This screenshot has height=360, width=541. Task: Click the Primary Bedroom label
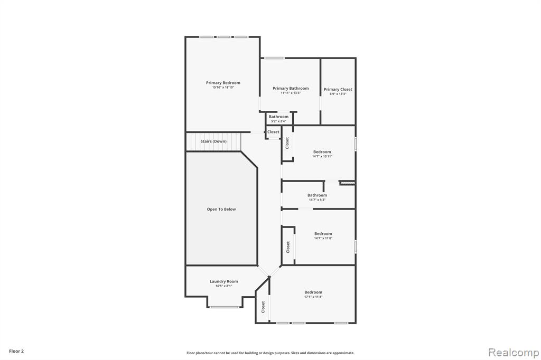pos(223,83)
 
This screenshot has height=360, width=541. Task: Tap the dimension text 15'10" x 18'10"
pos(223,88)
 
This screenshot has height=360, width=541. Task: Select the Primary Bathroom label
pos(291,88)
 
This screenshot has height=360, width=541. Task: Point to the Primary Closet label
pos(338,89)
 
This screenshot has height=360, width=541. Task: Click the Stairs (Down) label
pos(213,141)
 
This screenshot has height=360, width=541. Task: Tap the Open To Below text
pos(221,210)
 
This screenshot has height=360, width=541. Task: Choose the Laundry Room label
pos(223,281)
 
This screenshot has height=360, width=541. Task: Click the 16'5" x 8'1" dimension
pos(223,286)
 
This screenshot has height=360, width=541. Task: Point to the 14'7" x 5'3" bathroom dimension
pos(317,200)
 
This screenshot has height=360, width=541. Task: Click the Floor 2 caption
pos(16,352)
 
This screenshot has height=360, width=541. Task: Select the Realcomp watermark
pos(514,353)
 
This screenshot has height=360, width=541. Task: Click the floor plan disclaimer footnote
pos(270,353)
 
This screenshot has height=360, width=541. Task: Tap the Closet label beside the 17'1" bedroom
pos(263,307)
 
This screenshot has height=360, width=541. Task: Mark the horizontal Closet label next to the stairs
pos(273,132)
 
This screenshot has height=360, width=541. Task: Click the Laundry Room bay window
pos(225,307)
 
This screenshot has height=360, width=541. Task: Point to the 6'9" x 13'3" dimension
pos(338,94)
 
